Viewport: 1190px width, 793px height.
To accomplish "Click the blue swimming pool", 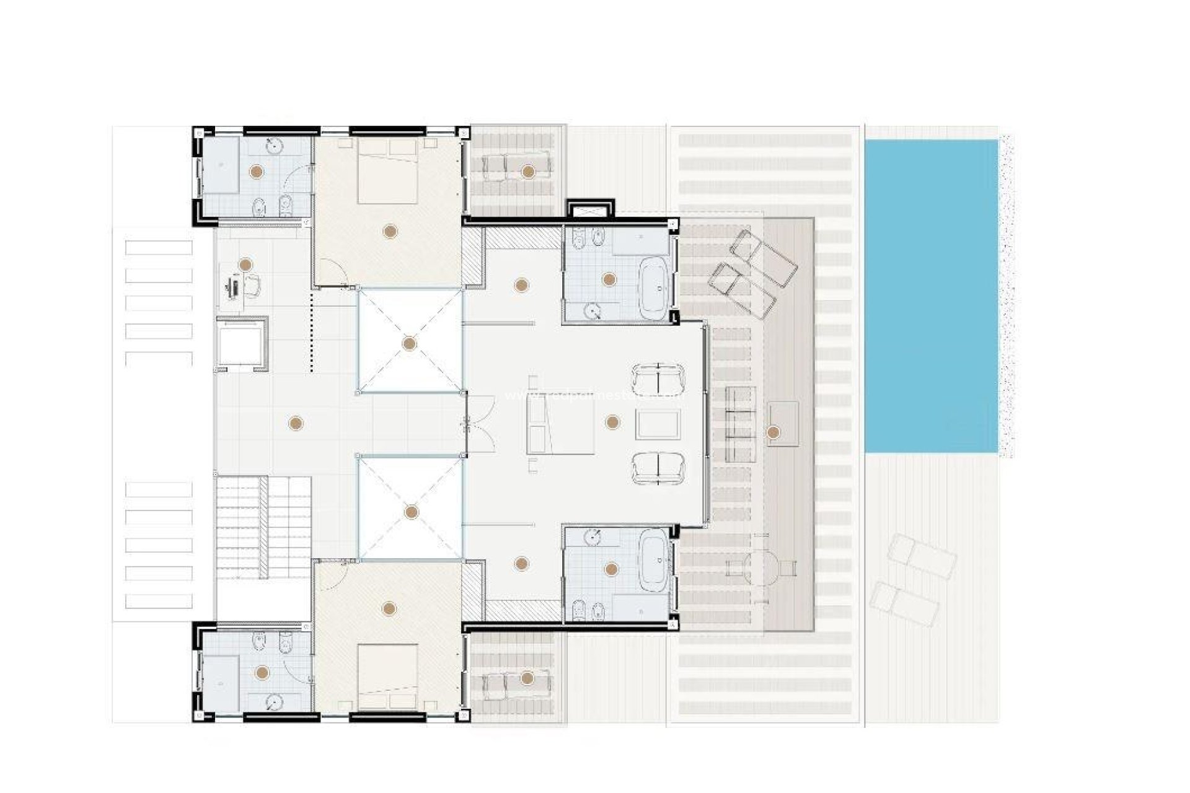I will [931, 296].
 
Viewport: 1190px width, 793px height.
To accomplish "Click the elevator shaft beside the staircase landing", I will [242, 343].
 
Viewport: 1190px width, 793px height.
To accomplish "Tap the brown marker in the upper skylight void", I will [409, 343].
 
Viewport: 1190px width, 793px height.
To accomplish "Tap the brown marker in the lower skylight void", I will [411, 512].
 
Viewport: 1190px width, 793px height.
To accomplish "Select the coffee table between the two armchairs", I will [658, 425].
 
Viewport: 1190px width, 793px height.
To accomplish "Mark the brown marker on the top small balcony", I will [527, 171].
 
